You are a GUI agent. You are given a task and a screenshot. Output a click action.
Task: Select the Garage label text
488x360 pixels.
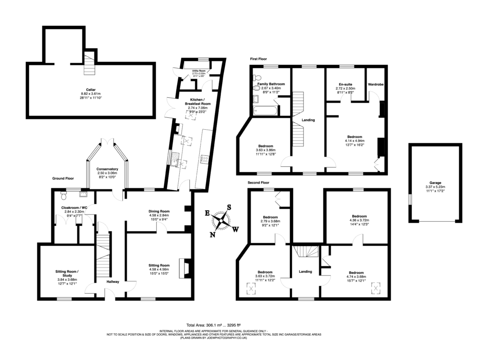click(435, 183)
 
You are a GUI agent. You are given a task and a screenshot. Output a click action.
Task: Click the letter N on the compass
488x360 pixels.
click(213, 234)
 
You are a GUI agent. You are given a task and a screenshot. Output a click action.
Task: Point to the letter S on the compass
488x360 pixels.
click(229, 207)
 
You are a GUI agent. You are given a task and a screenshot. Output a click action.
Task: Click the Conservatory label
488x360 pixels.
click(107, 169)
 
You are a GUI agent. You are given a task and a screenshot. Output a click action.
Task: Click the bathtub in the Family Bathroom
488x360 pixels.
click(265, 111)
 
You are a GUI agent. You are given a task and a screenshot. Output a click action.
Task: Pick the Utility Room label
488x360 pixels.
click(199, 71)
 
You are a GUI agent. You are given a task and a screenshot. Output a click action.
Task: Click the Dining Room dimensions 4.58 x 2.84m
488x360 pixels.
click(159, 216)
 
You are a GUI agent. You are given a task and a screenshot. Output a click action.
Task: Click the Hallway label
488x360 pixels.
click(113, 282)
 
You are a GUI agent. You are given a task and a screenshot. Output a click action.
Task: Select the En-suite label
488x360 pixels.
click(345, 84)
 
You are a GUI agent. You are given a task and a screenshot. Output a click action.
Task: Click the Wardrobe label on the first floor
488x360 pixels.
click(376, 84)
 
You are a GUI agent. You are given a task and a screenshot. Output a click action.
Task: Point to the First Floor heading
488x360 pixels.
click(260, 59)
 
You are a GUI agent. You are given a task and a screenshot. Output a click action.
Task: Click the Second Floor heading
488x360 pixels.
click(259, 183)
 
